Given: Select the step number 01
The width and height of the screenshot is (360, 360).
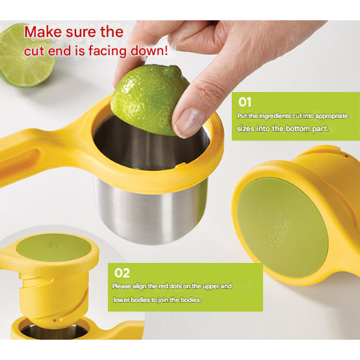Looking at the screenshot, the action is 245,102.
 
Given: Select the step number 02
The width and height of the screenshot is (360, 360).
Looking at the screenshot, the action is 122,273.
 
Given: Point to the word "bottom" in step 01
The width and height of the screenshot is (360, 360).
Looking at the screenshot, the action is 297,128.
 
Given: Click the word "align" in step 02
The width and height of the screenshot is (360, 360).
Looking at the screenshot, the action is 138,286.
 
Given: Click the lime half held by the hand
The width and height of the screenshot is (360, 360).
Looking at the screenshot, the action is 147,99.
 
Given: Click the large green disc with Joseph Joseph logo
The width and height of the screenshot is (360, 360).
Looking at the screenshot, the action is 282,227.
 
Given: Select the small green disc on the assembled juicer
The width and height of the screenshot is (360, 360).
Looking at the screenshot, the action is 54,248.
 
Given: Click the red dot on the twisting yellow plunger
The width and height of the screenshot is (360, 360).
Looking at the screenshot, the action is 54,320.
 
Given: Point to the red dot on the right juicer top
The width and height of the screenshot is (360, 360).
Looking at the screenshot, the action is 347,156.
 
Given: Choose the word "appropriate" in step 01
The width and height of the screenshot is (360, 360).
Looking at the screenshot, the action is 332,117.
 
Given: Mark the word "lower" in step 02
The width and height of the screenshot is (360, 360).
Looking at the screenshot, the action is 120,300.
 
